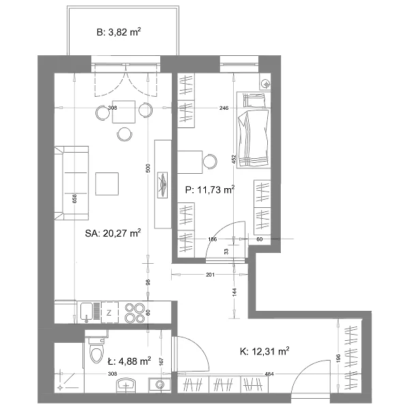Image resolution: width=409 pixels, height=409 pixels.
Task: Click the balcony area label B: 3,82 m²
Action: pyautogui.click(x=119, y=32)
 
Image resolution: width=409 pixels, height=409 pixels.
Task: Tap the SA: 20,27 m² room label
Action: pyautogui.click(x=113, y=233)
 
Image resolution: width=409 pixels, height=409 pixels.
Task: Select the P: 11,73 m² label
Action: pyautogui.click(x=210, y=190)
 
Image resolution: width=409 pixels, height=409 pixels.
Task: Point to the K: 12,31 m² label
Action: pyautogui.click(x=264, y=351)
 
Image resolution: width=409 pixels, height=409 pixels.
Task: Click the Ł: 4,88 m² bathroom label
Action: pyautogui.click(x=129, y=361)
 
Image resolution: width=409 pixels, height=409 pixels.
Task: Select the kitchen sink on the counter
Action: pyautogui.click(x=87, y=312)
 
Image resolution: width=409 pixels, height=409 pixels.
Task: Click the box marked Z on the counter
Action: pyautogui.click(x=110, y=312)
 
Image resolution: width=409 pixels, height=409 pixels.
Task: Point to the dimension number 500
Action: pyautogui.click(x=148, y=168)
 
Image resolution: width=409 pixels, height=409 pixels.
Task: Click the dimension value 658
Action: pyautogui.click(x=74, y=199)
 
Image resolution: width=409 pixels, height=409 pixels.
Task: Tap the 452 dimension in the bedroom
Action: pyautogui.click(x=234, y=160)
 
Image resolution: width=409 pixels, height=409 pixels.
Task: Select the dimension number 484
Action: pyautogui.click(x=269, y=374)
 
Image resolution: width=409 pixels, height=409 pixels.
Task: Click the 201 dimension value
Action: pyautogui.click(x=210, y=275)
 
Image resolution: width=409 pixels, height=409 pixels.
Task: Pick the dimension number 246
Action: pyautogui.click(x=224, y=108)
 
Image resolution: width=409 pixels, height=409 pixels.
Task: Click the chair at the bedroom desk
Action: pyautogui.click(x=210, y=162)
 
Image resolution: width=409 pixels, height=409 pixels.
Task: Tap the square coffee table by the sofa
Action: pyautogui.click(x=107, y=183)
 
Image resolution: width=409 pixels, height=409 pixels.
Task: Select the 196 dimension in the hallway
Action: pyautogui.click(x=338, y=359)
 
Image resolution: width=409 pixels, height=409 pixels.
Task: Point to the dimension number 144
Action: pyautogui.click(x=234, y=292)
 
